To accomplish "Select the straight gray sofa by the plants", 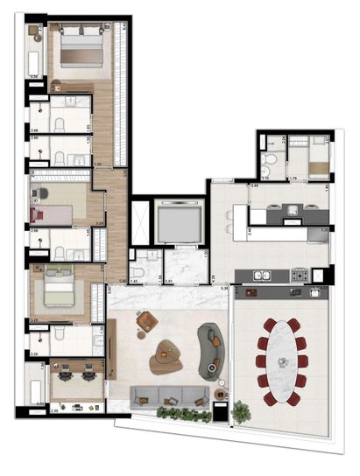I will [163, 395].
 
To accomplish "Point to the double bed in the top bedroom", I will [81, 52].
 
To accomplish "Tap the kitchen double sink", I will [262, 276].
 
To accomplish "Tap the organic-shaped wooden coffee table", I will [165, 357].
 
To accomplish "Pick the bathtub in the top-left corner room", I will [35, 64].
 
